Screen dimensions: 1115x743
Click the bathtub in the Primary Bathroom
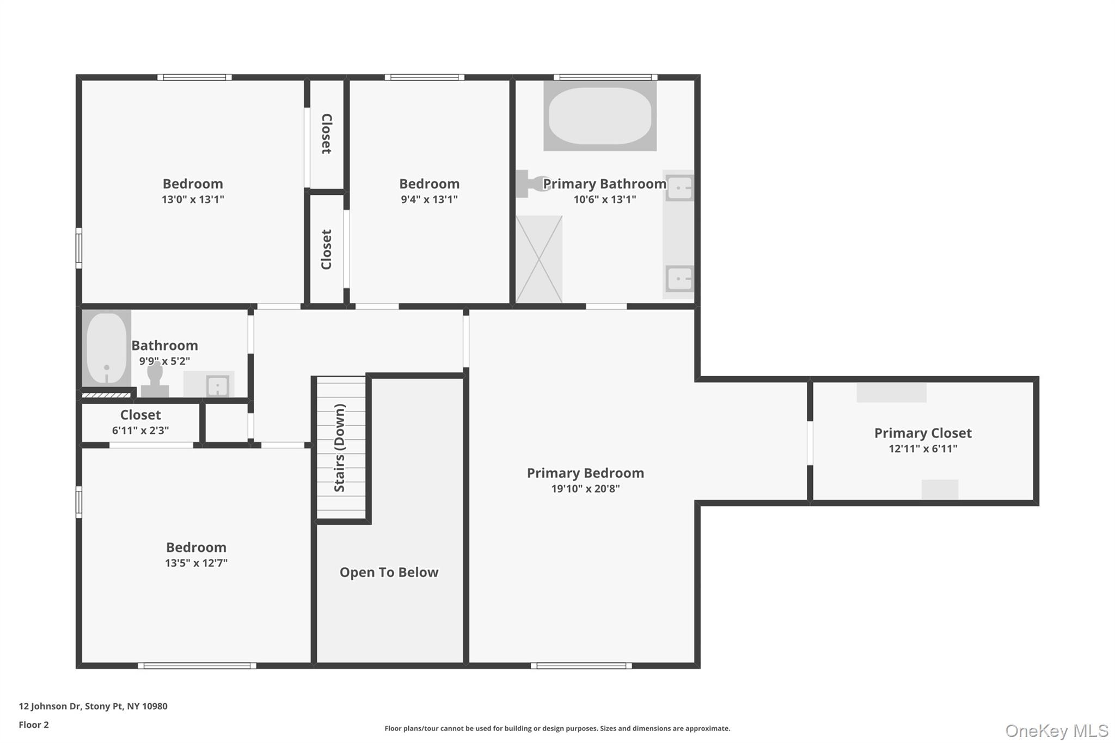pyautogui.click(x=599, y=115)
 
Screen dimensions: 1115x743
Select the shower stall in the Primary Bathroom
pyautogui.click(x=539, y=259)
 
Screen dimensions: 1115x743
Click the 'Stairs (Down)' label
pyautogui.click(x=340, y=448)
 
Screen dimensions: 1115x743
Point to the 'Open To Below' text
pyautogui.click(x=389, y=572)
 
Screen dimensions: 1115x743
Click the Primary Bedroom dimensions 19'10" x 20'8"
pyautogui.click(x=585, y=489)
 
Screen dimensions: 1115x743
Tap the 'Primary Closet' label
pyautogui.click(x=923, y=433)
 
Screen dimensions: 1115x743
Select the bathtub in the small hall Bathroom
pyautogui.click(x=107, y=348)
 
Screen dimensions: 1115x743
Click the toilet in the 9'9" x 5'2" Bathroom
pyautogui.click(x=155, y=380)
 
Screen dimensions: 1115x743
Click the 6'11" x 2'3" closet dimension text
pyautogui.click(x=140, y=431)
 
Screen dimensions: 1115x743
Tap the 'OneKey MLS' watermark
pyautogui.click(x=1057, y=730)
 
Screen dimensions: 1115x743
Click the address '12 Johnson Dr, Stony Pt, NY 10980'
pyautogui.click(x=93, y=706)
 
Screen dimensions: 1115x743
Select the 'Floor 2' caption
pyautogui.click(x=34, y=724)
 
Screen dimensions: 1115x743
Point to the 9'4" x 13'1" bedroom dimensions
pyautogui.click(x=429, y=199)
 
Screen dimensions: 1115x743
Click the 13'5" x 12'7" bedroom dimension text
pyautogui.click(x=196, y=563)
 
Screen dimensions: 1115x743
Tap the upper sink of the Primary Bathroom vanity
pyautogui.click(x=679, y=188)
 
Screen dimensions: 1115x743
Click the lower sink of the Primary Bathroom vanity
pyautogui.click(x=679, y=279)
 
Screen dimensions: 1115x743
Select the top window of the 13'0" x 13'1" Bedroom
pyautogui.click(x=194, y=77)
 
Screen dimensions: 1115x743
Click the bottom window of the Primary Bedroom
pyautogui.click(x=581, y=666)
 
